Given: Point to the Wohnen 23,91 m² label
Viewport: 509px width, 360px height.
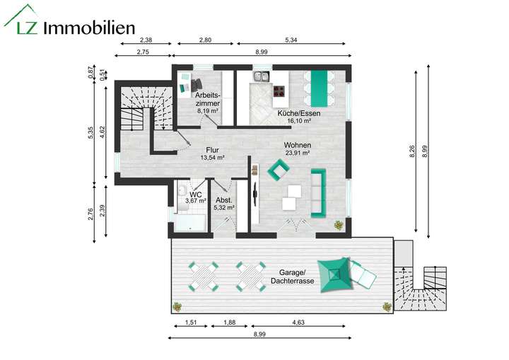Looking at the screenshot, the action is coord(298,149).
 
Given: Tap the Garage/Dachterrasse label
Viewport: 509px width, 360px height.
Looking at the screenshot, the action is coord(293,277).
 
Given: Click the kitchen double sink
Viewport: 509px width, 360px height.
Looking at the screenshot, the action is coord(261,76).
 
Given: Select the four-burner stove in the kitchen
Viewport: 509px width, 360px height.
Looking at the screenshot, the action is coord(279,91).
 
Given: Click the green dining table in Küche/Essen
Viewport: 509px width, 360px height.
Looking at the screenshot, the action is coord(319,88).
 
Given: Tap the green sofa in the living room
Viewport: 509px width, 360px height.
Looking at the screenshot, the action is coord(318,193).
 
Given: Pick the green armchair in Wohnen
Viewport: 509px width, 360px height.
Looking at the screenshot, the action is coord(279,169).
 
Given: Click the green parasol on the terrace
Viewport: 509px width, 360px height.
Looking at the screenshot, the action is coord(335,275).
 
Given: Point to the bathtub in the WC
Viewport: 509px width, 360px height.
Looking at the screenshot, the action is coord(189,223).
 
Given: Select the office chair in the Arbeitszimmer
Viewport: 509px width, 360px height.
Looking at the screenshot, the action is coord(197,85).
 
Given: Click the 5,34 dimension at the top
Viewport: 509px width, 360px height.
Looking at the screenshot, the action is coord(291,40).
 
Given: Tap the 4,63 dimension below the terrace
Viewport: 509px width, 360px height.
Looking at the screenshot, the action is coord(298,323).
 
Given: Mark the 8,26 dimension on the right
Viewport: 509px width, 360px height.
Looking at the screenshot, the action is coord(411,151).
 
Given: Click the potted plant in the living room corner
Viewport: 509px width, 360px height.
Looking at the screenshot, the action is coord(339,225).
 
